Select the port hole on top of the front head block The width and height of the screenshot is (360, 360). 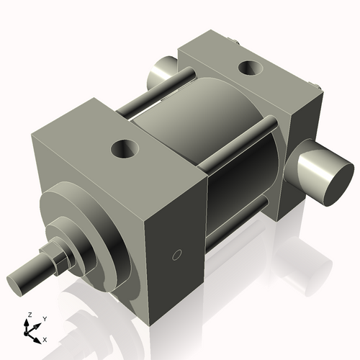click(125, 150)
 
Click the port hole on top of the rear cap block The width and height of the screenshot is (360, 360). click(249, 68)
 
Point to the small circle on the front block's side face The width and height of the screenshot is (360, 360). click(176, 254)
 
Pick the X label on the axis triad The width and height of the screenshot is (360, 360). click(45, 338)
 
